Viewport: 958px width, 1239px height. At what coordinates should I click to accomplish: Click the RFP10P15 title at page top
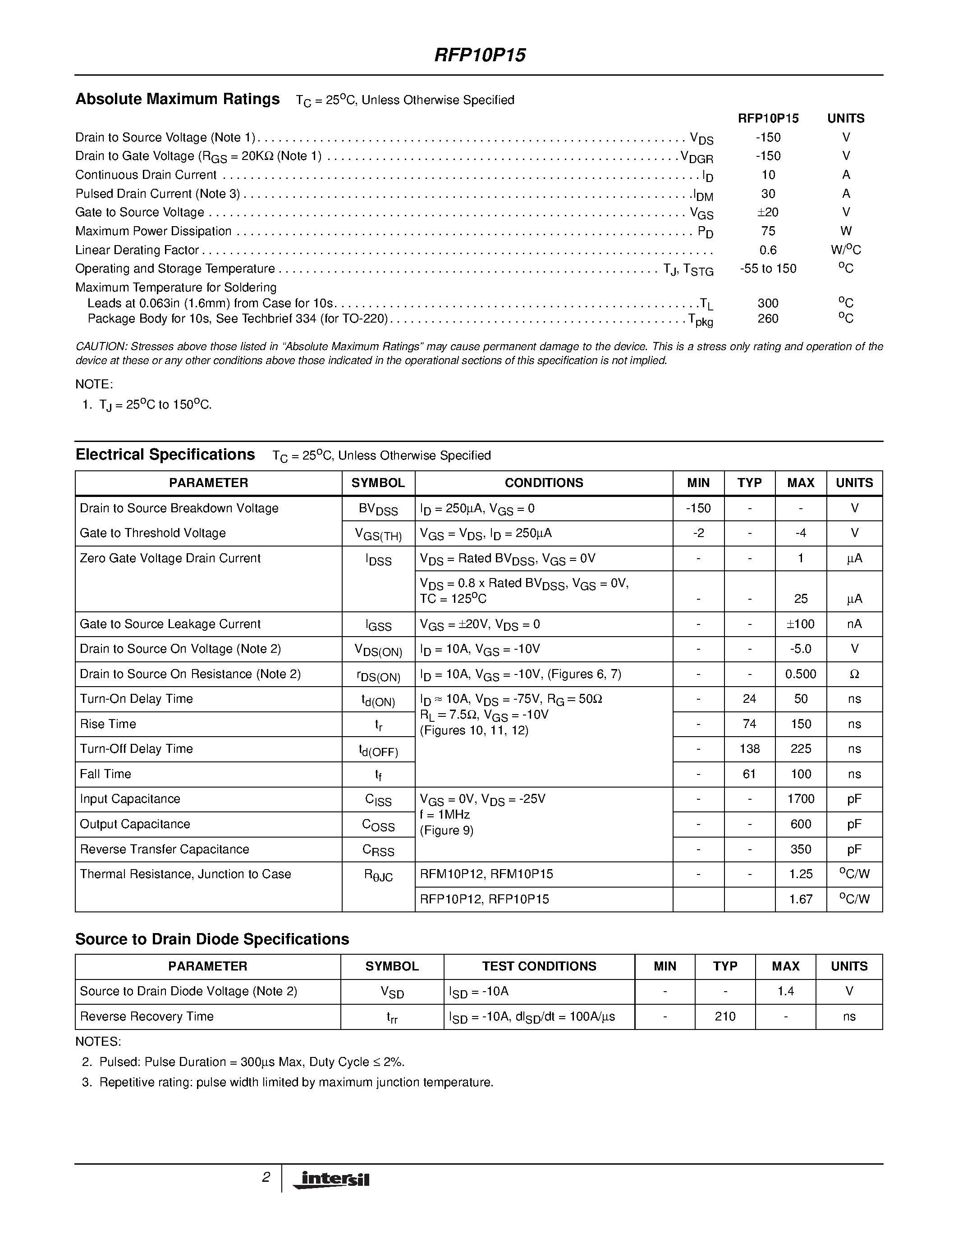(x=480, y=55)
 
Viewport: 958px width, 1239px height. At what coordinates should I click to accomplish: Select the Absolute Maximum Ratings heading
(x=178, y=99)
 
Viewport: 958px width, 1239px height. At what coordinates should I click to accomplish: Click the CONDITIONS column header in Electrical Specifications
(x=544, y=483)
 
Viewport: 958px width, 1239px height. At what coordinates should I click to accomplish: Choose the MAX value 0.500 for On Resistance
(x=800, y=674)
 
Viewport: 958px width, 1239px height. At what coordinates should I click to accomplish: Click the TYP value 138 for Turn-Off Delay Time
(x=749, y=749)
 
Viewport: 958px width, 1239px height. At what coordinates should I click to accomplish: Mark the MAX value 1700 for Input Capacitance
(x=800, y=799)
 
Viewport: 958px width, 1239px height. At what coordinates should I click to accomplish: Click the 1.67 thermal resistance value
(x=800, y=899)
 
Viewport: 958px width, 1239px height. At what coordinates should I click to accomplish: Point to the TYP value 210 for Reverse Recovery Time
(x=725, y=1016)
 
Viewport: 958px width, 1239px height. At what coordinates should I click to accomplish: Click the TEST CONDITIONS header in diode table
(x=539, y=966)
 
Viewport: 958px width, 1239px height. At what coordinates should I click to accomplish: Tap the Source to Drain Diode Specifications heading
(x=212, y=939)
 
